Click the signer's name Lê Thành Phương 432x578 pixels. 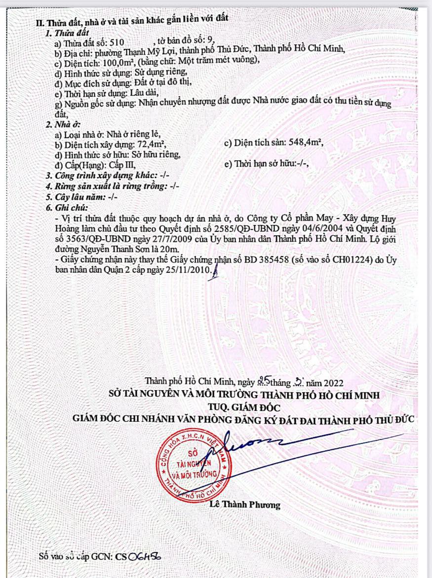(245, 505)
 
